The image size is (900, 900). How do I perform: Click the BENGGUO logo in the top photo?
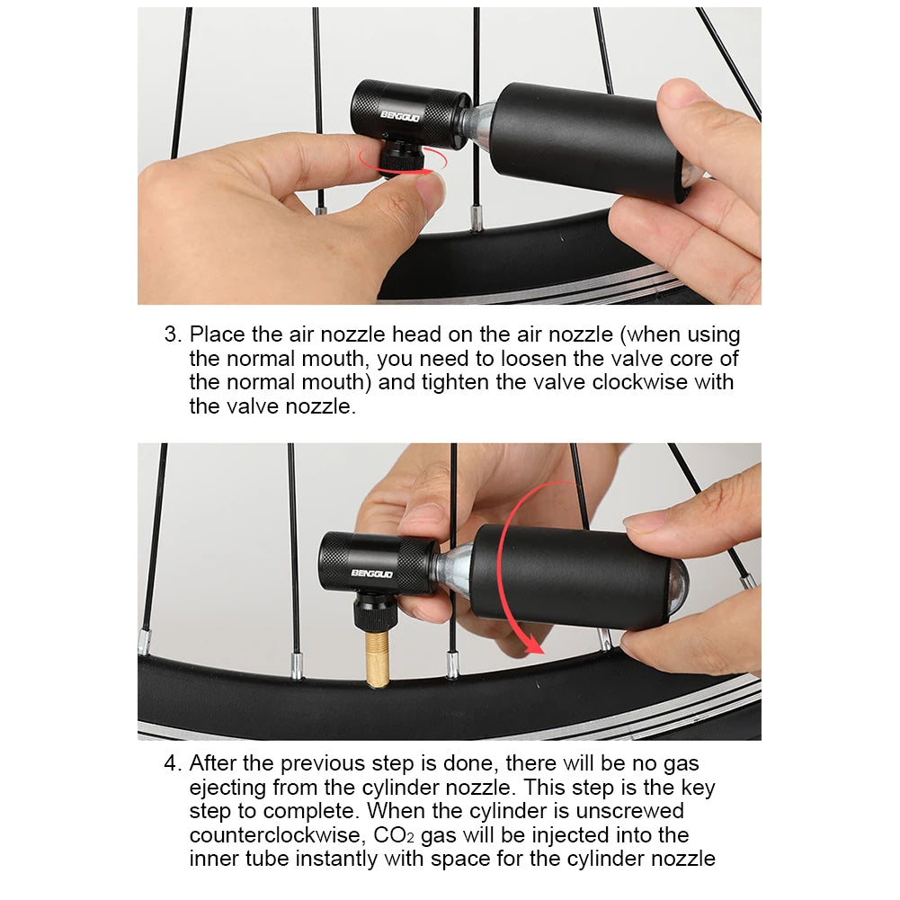[400, 117]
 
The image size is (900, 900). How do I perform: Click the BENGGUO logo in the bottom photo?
[372, 574]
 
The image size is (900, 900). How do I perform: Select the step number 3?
[173, 334]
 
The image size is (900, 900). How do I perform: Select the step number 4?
[173, 763]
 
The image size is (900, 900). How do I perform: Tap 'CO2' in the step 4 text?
[394, 835]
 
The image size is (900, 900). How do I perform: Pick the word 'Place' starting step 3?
[218, 334]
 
